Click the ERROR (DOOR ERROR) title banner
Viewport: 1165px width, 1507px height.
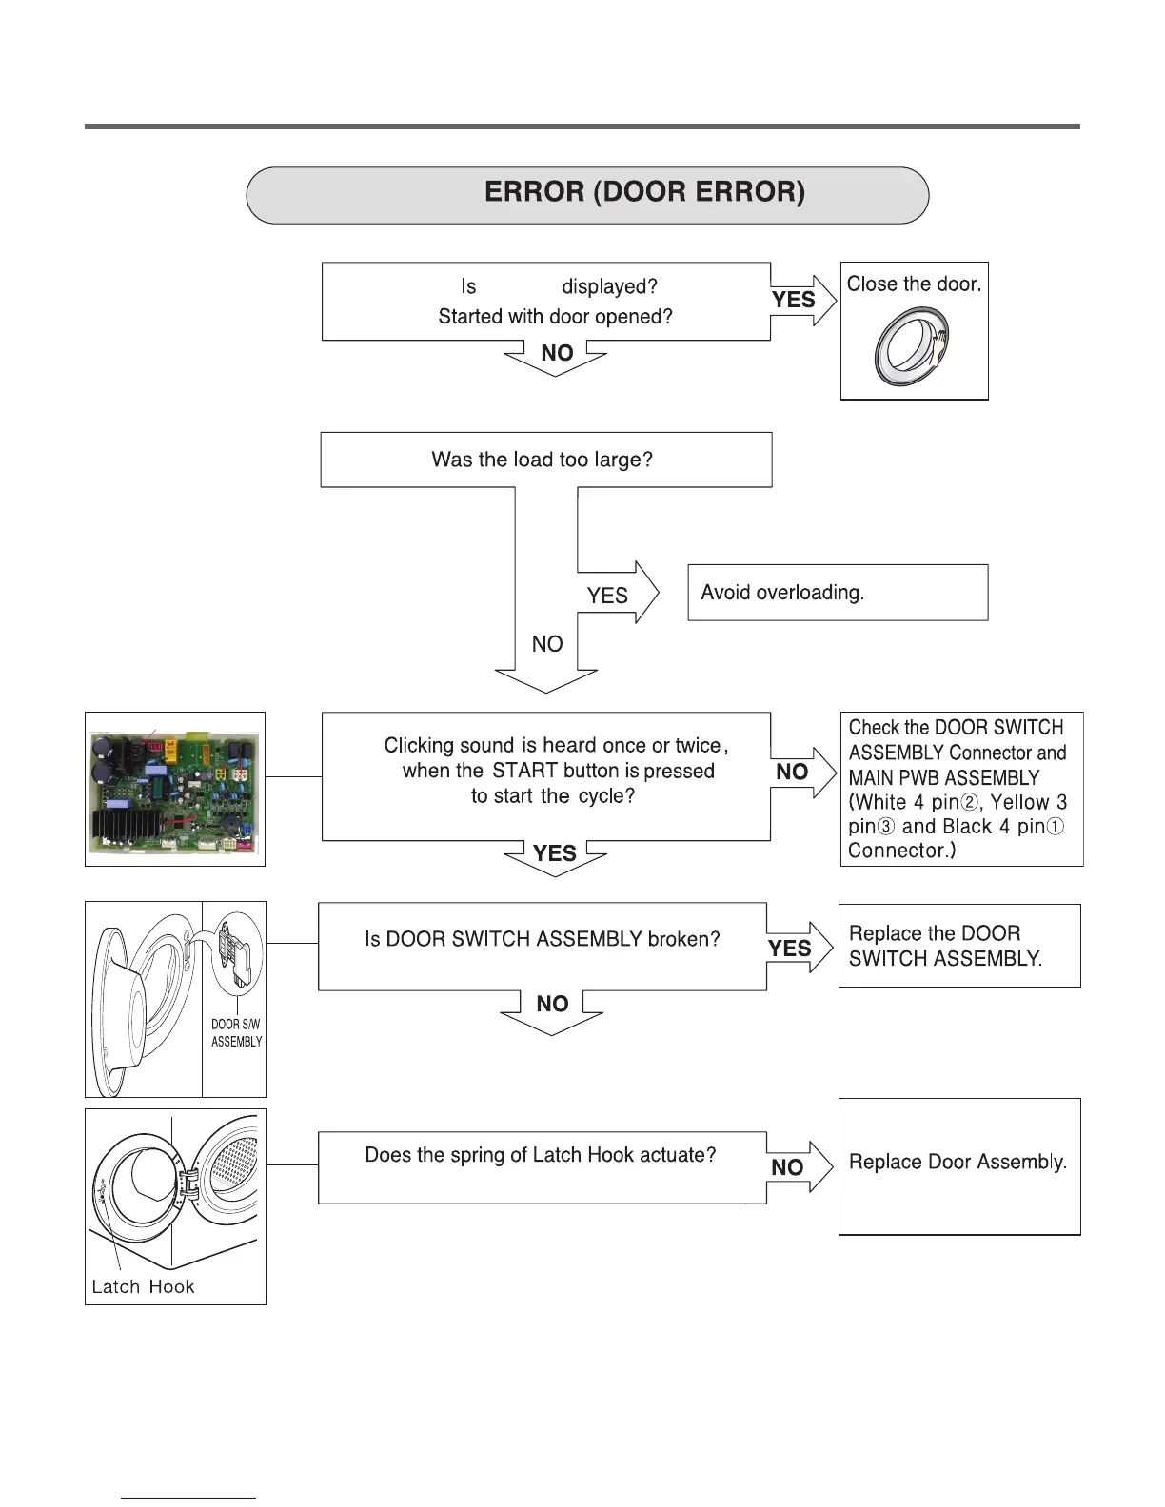click(587, 194)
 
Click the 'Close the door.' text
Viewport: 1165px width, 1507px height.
click(914, 284)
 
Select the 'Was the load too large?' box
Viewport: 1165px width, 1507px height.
click(545, 460)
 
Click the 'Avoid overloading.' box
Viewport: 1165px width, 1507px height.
click(837, 593)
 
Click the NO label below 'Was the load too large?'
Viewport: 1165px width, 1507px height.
click(547, 645)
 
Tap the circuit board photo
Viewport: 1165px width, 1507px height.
click(175, 790)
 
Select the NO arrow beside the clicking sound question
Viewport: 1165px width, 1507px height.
click(800, 772)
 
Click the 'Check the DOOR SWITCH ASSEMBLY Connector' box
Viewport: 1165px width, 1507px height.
click(960, 789)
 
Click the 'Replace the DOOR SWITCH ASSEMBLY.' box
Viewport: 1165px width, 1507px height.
click(958, 946)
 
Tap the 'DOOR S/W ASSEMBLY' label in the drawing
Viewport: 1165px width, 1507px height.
click(236, 1033)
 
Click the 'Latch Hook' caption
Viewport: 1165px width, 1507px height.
click(143, 1287)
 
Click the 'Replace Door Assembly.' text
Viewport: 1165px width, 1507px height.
click(958, 1163)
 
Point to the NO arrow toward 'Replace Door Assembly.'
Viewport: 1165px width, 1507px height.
click(797, 1166)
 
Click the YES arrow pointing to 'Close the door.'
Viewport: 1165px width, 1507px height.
click(800, 301)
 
